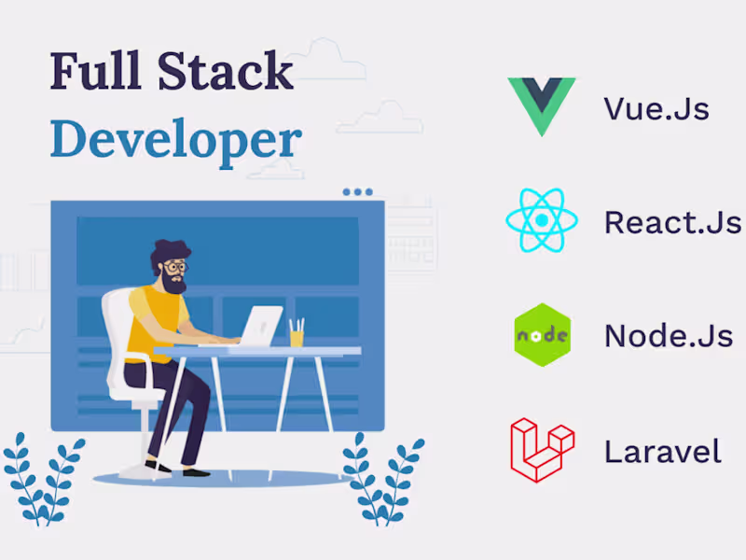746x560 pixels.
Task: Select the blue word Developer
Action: tap(175, 139)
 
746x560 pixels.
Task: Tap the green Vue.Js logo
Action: tap(541, 105)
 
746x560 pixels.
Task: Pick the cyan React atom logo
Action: tap(541, 221)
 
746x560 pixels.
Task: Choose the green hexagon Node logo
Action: tap(542, 334)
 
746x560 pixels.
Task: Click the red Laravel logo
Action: tap(541, 450)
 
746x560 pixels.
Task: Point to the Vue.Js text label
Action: tap(656, 108)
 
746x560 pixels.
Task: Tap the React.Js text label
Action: tap(671, 222)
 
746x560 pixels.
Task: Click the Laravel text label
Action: tap(662, 452)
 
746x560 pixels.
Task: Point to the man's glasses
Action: tap(174, 267)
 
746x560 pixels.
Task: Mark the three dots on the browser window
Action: tap(357, 192)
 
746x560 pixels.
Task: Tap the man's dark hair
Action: tap(169, 249)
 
